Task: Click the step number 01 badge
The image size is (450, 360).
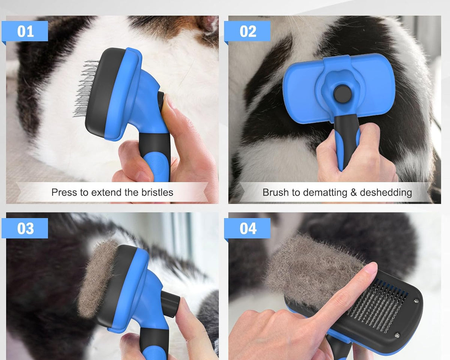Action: pyautogui.click(x=25, y=31)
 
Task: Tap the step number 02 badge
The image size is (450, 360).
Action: pyautogui.click(x=247, y=31)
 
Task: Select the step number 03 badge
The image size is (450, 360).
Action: pyautogui.click(x=25, y=228)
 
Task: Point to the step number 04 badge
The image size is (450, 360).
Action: pyautogui.click(x=247, y=228)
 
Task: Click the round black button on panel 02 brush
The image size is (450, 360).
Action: pyautogui.click(x=341, y=93)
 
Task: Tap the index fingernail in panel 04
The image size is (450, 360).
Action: pyautogui.click(x=370, y=268)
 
